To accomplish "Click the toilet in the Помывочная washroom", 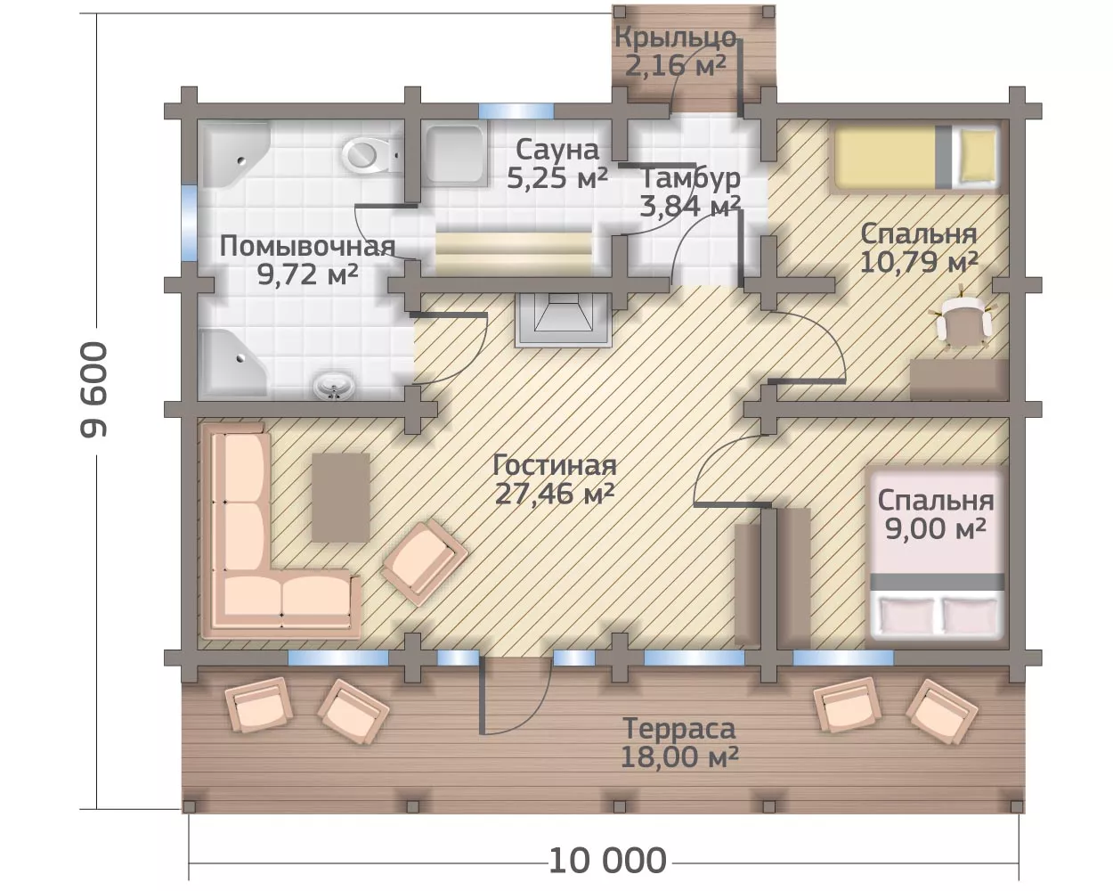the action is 370,155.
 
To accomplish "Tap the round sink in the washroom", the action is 334,386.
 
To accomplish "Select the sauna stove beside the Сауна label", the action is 457,154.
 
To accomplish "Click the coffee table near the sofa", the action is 341,497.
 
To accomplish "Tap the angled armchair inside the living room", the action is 424,561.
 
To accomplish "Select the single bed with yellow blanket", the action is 914,158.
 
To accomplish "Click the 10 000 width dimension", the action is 607,861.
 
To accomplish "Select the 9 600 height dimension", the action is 94,389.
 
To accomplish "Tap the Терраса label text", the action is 679,728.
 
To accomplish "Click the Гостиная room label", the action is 555,465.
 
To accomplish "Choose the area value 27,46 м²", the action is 555,494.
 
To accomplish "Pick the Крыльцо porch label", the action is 676,37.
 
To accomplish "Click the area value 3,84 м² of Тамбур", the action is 690,206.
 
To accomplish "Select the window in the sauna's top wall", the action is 516,111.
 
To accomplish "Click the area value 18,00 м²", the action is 679,757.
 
